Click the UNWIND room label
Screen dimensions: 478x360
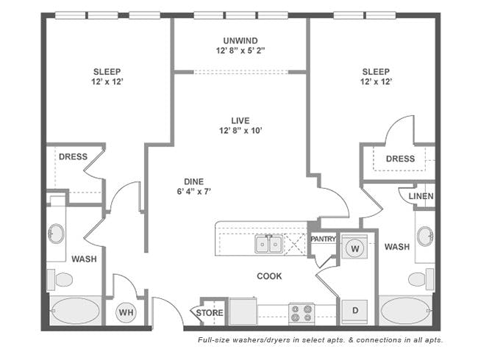240,40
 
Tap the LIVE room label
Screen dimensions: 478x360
240,120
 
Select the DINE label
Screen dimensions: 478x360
193,181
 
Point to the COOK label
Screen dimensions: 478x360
269,276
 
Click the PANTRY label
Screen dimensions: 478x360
323,239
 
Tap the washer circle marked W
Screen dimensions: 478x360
355,248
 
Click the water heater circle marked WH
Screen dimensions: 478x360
126,312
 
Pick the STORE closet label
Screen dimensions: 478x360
210,313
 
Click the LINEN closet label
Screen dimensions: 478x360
421,196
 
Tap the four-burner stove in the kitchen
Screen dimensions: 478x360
302,314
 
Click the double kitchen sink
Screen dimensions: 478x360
268,244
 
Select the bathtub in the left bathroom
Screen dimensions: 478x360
75,311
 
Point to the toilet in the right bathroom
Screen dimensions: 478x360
421,278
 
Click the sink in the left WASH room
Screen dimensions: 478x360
56,234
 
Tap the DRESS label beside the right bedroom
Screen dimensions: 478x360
400,159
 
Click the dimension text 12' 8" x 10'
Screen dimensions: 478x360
240,131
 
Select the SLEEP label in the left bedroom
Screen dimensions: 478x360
107,72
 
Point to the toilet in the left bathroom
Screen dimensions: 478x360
60,279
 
